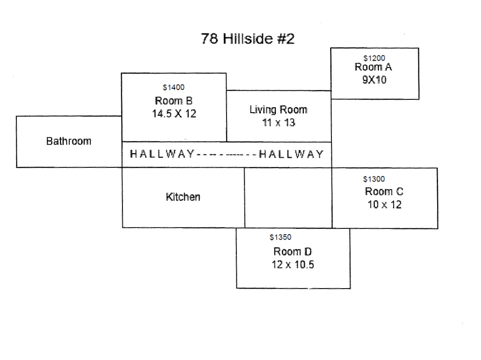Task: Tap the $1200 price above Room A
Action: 374,58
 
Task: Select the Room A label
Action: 373,67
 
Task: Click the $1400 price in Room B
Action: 174,87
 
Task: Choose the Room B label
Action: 174,101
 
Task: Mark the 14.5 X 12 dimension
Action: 174,114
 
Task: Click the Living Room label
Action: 279,110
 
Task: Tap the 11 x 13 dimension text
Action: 279,123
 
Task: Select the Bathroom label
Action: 69,141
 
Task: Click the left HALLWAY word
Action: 162,154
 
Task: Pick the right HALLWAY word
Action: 291,154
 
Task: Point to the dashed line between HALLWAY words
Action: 227,154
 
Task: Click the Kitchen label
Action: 183,197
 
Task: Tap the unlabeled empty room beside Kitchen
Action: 288,197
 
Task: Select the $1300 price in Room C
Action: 374,179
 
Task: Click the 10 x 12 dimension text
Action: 384,205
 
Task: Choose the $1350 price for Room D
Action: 280,237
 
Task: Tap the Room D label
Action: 292,252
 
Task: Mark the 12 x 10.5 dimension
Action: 292,265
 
